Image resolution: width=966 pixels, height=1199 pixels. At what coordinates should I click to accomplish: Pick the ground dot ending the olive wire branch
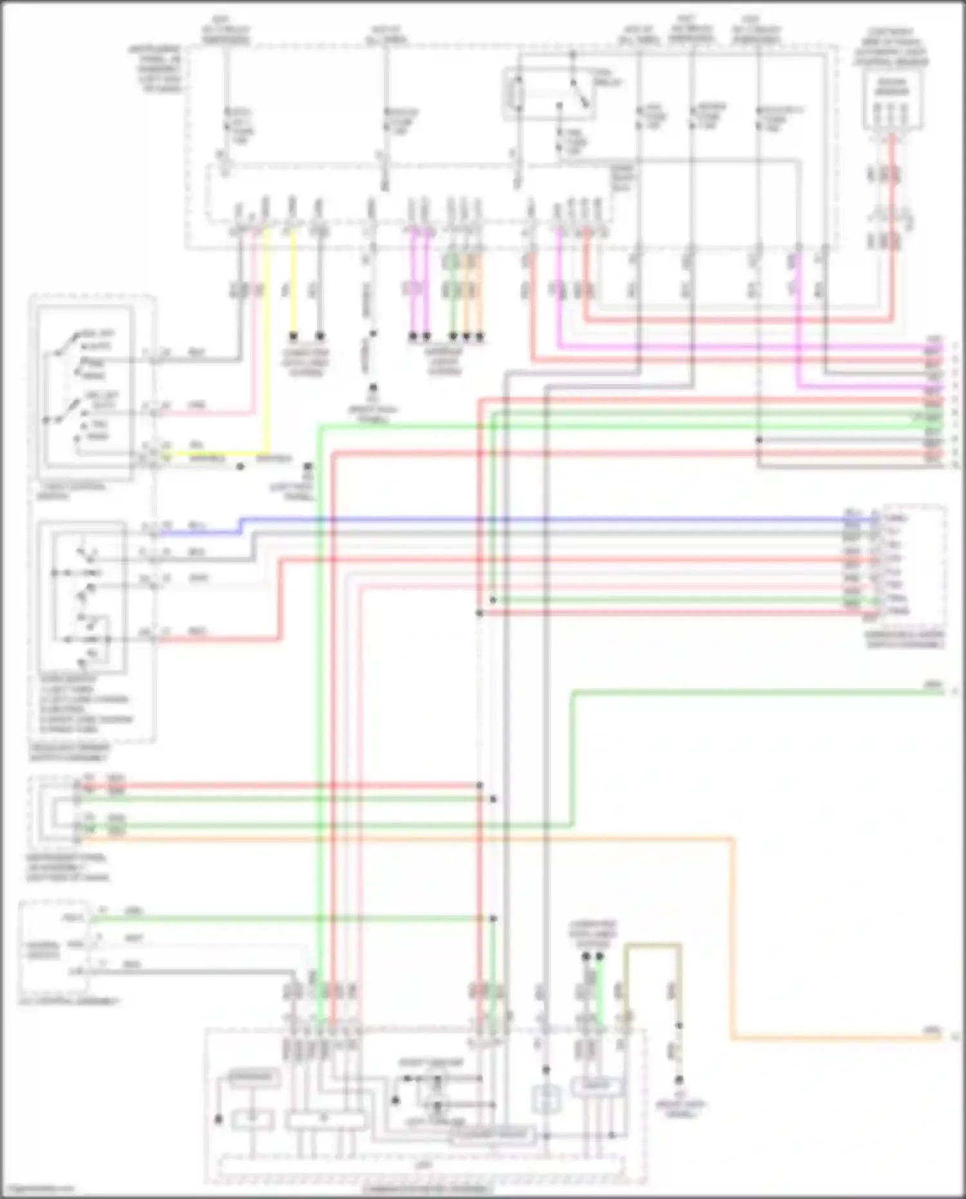tap(679, 1079)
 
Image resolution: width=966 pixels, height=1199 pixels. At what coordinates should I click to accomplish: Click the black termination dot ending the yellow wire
tap(294, 336)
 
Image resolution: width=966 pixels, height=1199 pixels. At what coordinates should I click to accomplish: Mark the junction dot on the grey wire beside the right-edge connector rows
tap(759, 440)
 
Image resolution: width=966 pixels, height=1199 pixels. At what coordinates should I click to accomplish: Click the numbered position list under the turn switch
tap(84, 704)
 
